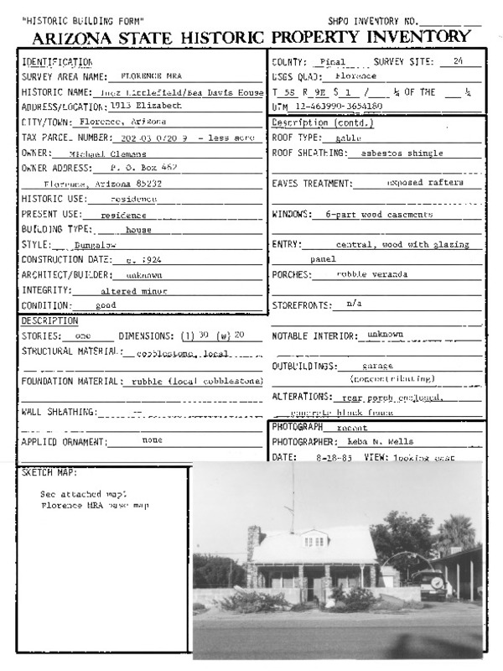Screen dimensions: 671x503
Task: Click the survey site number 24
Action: [x=457, y=62]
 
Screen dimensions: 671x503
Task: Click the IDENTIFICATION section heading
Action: [x=56, y=63]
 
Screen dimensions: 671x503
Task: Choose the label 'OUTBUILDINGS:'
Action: [x=305, y=367]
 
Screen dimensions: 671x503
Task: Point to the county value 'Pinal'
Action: [x=334, y=62]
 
